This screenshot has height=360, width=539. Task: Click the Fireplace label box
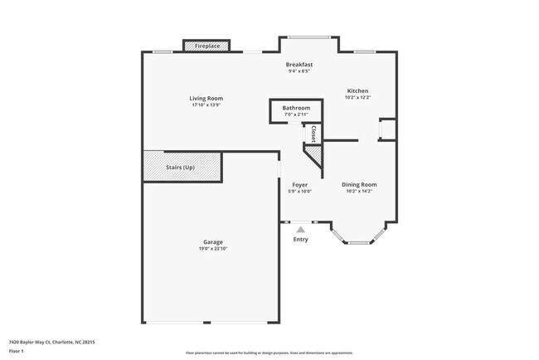207,46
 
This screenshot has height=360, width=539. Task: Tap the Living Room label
206,99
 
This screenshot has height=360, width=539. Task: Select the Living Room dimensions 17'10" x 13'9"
206,105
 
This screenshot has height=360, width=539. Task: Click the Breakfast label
299,65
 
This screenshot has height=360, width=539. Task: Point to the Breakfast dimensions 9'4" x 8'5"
299,71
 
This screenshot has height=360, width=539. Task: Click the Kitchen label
357,90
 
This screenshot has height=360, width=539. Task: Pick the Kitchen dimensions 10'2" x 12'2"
357,97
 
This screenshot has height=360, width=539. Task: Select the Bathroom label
296,108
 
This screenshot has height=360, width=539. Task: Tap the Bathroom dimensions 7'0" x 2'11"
296,114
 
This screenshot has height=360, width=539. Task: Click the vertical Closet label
313,134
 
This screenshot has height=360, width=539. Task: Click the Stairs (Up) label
181,167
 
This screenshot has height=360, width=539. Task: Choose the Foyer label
299,184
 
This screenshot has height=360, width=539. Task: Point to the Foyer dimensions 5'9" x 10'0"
299,191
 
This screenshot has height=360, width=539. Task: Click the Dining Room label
360,184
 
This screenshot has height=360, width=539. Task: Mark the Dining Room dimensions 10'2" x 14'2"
360,191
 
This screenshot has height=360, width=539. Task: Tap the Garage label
212,242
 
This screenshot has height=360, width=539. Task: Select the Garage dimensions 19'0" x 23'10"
212,249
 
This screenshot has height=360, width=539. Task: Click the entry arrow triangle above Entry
300,230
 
